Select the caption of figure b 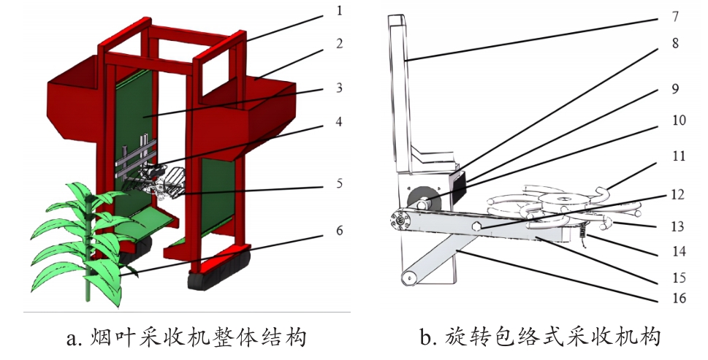coord(541,337)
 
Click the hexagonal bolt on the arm coord(476,227)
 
